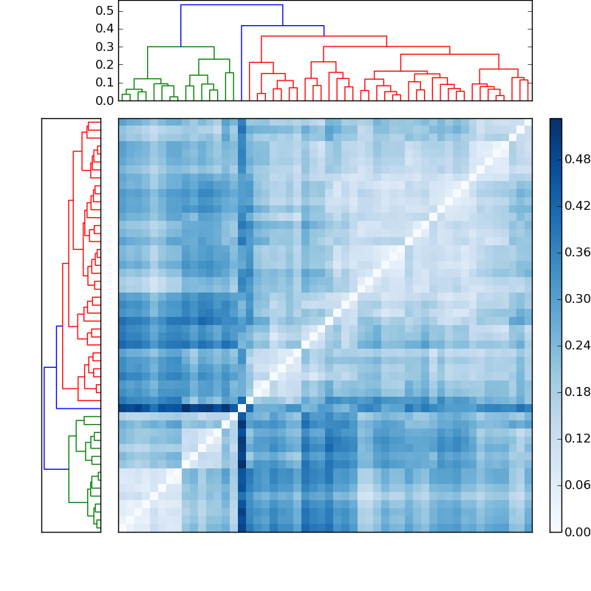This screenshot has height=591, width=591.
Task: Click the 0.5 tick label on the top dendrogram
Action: point(105,11)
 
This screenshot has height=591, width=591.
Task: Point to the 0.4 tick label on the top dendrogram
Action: point(105,29)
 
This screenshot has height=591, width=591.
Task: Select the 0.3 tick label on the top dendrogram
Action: point(105,47)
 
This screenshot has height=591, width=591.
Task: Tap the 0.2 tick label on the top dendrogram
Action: point(105,64)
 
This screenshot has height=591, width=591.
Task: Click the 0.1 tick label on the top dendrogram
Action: point(105,82)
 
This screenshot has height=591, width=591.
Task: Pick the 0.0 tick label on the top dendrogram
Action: point(105,100)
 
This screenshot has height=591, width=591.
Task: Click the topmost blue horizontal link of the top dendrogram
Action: point(231,5)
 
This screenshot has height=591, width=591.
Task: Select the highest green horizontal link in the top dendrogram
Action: point(181,47)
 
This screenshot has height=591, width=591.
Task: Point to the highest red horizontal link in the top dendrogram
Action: point(324,36)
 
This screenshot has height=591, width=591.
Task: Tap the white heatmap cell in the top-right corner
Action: point(527,122)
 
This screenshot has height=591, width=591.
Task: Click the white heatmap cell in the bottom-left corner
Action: point(122,527)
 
